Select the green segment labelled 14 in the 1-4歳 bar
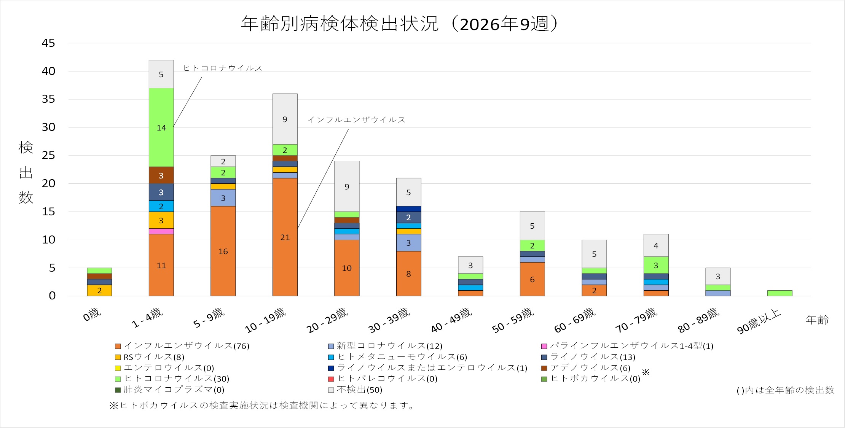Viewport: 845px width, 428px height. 161,127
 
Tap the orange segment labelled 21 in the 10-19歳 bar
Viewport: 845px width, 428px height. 285,237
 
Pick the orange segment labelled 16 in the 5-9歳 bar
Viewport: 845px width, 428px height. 223,251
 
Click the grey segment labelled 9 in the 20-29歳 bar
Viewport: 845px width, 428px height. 347,186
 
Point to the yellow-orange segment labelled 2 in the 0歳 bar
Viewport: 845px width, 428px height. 99,291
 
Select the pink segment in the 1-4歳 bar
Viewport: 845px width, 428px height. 161,231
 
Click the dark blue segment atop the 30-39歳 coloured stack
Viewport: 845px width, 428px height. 408,209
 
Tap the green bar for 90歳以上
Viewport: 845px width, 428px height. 780,293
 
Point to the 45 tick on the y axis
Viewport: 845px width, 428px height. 48,43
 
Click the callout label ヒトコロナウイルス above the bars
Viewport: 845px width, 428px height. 223,68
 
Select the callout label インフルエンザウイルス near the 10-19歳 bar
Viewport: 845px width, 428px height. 356,120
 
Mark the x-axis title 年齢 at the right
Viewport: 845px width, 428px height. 817,320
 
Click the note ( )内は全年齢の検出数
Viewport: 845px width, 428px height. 785,390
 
